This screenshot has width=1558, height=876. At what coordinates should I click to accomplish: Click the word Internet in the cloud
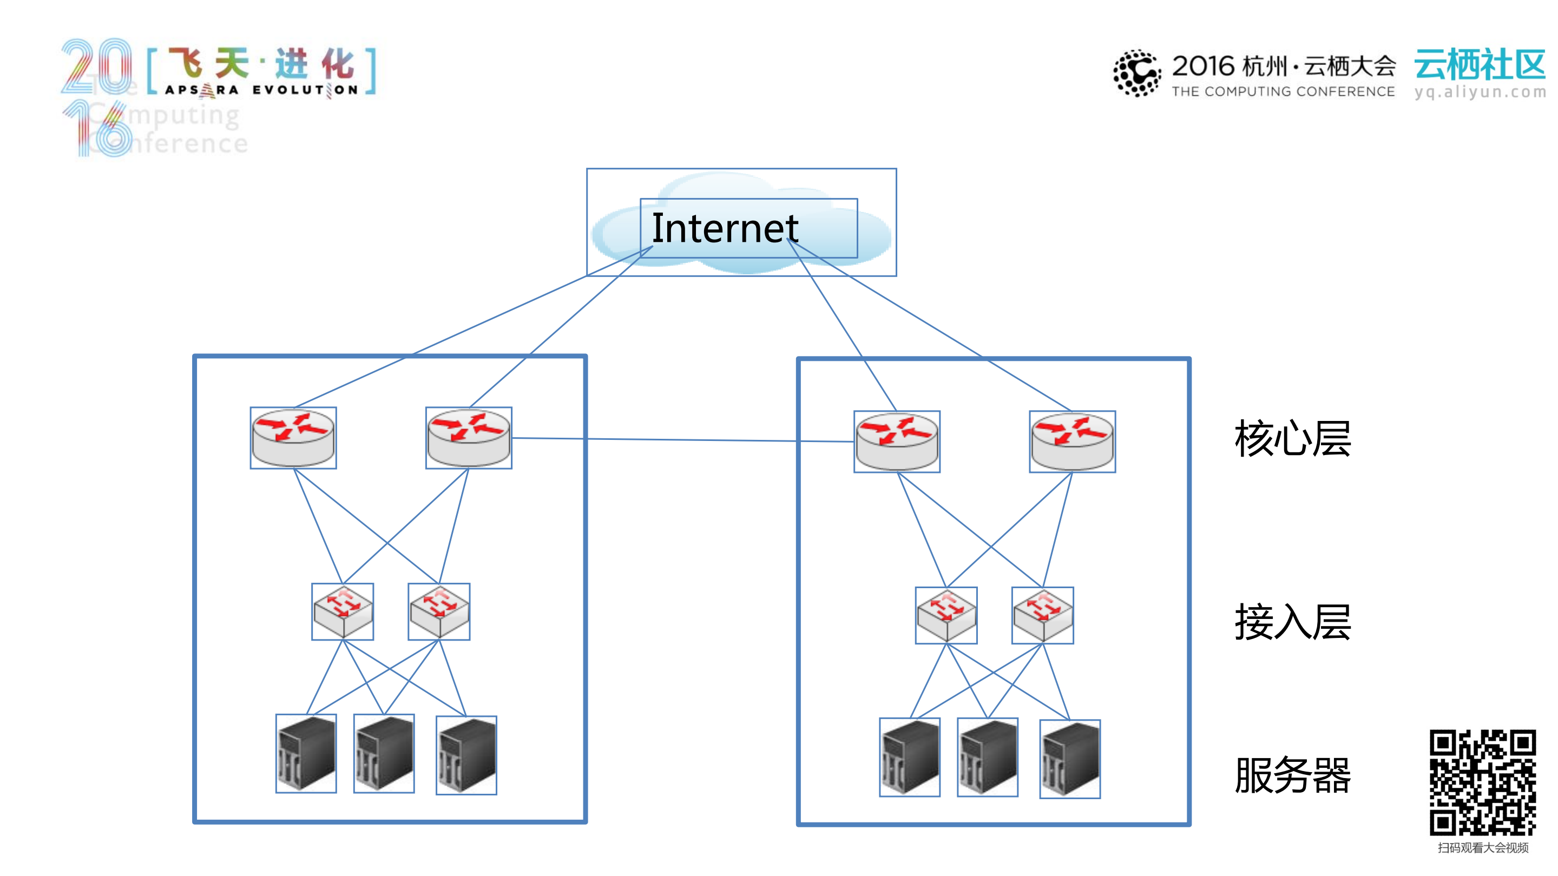click(725, 228)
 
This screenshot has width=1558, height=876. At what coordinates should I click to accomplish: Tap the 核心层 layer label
click(1292, 438)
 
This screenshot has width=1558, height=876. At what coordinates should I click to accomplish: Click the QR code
click(1482, 782)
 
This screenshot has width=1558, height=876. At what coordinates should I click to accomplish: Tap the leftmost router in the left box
click(293, 438)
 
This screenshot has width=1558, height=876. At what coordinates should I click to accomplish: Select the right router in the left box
click(469, 438)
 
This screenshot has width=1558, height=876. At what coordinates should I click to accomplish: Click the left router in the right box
click(897, 442)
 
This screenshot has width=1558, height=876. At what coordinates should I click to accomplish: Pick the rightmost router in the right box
click(1073, 442)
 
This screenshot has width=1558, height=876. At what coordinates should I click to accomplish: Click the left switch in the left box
click(343, 611)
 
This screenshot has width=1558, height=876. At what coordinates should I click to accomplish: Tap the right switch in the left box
click(439, 611)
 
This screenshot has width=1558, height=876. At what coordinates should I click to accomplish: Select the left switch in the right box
click(946, 615)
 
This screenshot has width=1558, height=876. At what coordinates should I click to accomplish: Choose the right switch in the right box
click(1043, 615)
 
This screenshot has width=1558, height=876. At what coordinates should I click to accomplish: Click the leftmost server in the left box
click(306, 753)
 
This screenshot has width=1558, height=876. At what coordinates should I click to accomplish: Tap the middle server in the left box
click(384, 753)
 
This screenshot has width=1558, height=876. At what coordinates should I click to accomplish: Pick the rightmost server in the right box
click(1070, 759)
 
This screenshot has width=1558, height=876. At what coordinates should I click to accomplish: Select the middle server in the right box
click(988, 757)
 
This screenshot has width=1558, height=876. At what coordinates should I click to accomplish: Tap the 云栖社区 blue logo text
click(1480, 65)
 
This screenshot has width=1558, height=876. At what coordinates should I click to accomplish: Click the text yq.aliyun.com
click(1480, 92)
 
